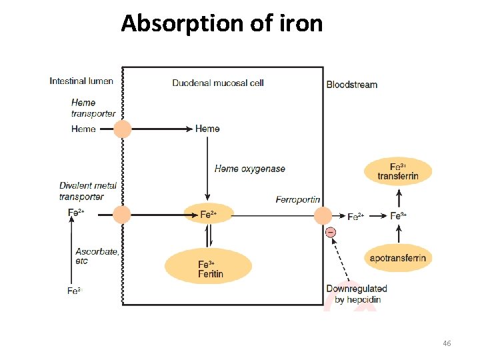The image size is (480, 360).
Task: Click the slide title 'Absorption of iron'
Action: click(221, 24)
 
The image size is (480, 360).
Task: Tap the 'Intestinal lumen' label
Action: click(81, 81)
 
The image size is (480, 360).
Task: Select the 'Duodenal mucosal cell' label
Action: click(218, 83)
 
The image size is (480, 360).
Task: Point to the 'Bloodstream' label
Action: click(352, 85)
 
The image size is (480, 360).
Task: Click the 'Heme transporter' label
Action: click(93, 108)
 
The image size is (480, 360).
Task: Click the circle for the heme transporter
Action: click(122, 129)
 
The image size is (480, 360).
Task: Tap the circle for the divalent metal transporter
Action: click(122, 215)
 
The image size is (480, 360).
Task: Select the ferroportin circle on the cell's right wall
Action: click(323, 215)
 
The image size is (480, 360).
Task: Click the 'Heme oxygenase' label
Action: click(249, 169)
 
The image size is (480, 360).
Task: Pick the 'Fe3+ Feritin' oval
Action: click(208, 266)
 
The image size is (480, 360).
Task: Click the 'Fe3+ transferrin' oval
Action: click(398, 171)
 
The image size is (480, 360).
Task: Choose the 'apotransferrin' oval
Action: click(398, 258)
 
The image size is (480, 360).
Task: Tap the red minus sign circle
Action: click(331, 232)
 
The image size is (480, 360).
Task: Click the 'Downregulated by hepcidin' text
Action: click(357, 294)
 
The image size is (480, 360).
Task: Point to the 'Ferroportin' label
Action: click(297, 199)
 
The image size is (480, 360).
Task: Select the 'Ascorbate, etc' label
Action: click(97, 256)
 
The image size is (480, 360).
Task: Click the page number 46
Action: click(447, 343)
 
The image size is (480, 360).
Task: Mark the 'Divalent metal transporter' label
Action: click(88, 191)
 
